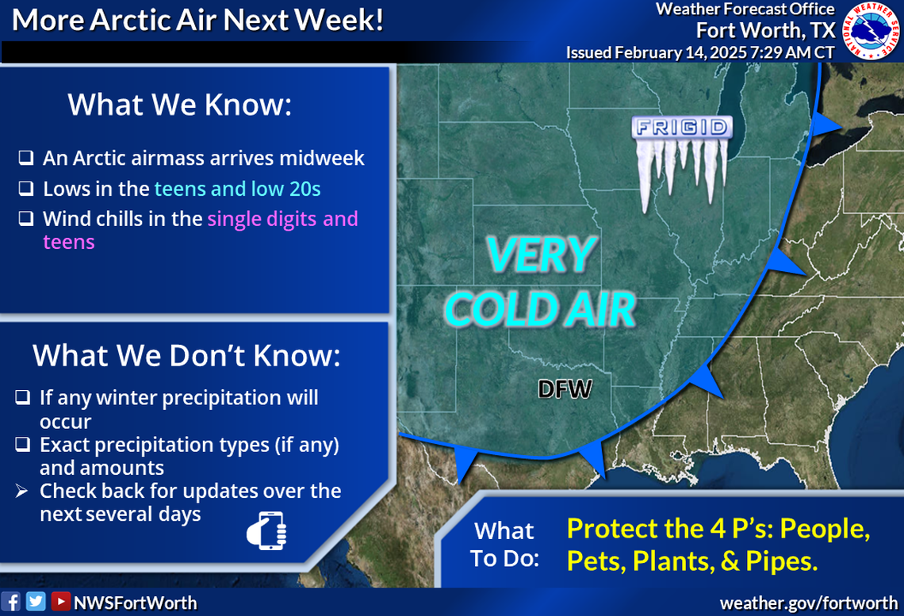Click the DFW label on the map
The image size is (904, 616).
click(565, 389)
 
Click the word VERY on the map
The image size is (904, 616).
click(541, 254)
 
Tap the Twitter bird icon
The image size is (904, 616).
click(36, 602)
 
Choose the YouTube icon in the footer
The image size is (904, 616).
click(59, 602)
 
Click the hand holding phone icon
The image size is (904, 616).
click(267, 530)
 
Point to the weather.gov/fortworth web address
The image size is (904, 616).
click(808, 603)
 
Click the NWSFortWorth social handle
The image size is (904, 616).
click(135, 603)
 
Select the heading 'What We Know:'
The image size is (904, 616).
click(180, 105)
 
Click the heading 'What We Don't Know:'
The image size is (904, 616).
click(186, 356)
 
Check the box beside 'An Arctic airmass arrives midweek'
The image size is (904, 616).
click(26, 159)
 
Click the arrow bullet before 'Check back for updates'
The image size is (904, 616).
click(23, 492)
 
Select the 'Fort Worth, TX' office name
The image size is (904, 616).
click(765, 30)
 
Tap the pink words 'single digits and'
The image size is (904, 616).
click(282, 218)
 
